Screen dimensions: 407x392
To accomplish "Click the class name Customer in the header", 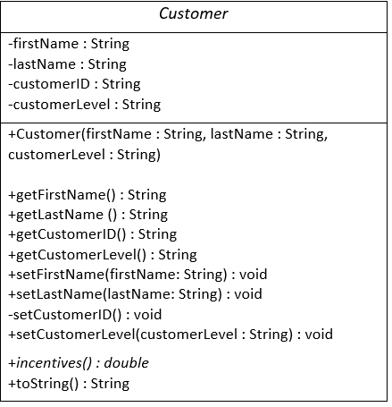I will click(194, 14).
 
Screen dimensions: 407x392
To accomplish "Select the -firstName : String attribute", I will click(69, 44).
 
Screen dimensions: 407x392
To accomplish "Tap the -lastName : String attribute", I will click(67, 64).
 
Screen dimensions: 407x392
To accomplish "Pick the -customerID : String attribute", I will click(73, 84).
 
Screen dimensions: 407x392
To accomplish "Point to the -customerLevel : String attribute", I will click(84, 105).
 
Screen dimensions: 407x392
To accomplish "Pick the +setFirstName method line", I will click(138, 275).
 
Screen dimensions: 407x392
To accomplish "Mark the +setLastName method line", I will click(135, 294).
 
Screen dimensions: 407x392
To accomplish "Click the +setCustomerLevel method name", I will click(67, 335).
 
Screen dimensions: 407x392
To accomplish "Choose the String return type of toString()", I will click(110, 384).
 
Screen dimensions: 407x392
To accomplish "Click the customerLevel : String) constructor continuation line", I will click(84, 155).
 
